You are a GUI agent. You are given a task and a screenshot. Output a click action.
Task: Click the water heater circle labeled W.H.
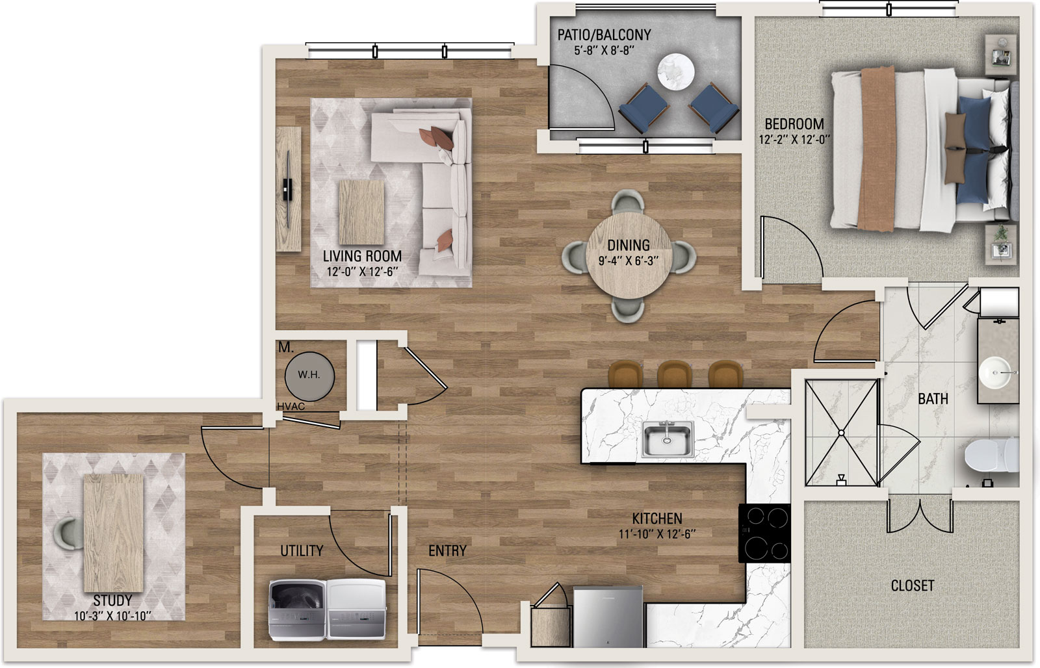(309, 376)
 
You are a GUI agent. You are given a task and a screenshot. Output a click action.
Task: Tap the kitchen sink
(668, 439)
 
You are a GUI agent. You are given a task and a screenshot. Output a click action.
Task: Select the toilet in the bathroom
(992, 456)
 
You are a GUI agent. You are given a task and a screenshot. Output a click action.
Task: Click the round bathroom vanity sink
(994, 372)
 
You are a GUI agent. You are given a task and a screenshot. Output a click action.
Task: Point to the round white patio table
(676, 72)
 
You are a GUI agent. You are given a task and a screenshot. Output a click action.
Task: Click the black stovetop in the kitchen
(764, 533)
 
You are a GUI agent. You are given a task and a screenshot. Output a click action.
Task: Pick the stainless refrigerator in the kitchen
(608, 617)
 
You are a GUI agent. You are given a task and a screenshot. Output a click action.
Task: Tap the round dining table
(629, 255)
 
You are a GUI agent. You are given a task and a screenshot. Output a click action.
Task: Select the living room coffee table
(361, 212)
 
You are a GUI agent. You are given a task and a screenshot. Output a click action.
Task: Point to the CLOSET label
(913, 586)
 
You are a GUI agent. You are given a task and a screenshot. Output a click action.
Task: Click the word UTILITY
(302, 551)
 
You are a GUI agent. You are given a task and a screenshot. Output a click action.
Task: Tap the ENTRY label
(447, 551)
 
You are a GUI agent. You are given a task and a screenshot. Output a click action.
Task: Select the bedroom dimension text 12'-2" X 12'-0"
(794, 140)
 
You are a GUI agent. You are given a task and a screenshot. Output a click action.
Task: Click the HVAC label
(291, 407)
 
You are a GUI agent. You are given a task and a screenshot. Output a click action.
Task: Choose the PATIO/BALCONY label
(604, 35)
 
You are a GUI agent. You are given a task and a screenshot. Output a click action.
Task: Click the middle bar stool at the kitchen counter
(675, 374)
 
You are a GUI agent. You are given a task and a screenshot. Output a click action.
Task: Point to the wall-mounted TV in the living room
(288, 189)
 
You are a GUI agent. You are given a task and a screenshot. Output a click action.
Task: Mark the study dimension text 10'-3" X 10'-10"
(113, 616)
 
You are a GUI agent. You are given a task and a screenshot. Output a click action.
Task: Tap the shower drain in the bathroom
(841, 433)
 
